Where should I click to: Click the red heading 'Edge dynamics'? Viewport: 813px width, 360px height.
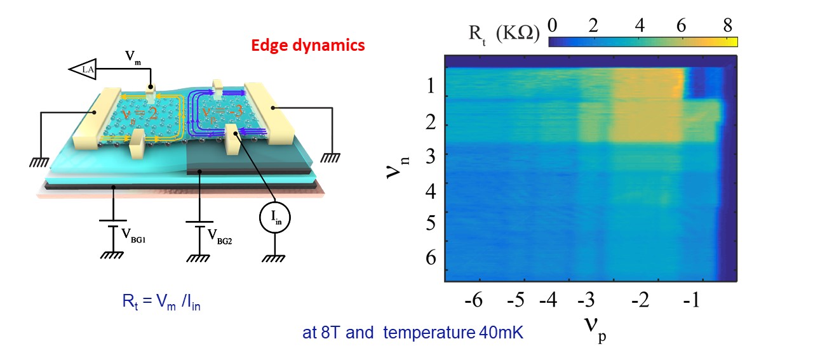308,46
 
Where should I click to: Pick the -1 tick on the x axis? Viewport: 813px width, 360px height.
690,300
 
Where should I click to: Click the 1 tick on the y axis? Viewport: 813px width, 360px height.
431,86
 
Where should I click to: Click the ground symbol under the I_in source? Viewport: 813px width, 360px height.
274,257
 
